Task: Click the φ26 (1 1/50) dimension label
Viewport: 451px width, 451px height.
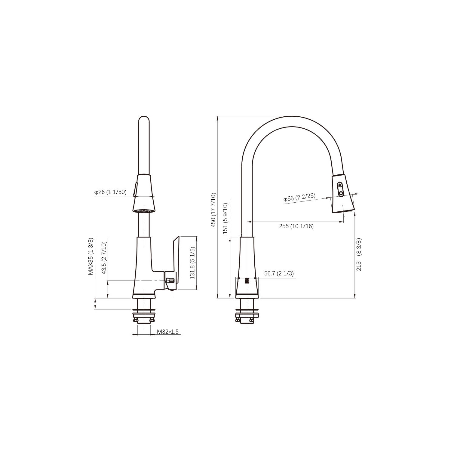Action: tap(110, 192)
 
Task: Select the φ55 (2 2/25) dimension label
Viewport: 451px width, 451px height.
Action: tap(299, 198)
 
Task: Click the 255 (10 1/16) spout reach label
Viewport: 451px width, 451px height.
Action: tap(296, 226)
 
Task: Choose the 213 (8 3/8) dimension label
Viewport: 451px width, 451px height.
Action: tap(359, 254)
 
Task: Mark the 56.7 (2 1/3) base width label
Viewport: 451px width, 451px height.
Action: tap(279, 273)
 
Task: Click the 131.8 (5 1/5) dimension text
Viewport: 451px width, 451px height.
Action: tap(193, 263)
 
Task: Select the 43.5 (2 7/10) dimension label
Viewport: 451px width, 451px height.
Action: tap(104, 257)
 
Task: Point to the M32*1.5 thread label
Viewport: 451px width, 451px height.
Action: tap(168, 332)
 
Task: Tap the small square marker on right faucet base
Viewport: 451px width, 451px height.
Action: tap(247, 281)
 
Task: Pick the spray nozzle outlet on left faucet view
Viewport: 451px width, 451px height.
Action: tap(144, 211)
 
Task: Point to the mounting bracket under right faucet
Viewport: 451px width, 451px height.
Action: tap(247, 316)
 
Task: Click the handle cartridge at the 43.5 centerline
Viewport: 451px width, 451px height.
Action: tap(170, 281)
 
